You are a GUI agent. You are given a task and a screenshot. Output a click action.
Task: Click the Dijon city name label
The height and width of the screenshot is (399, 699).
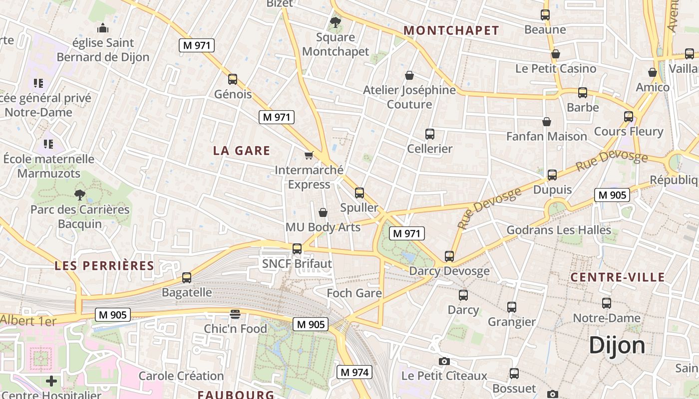tap(617, 345)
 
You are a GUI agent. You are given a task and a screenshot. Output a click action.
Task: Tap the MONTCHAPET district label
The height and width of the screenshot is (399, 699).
tap(451, 30)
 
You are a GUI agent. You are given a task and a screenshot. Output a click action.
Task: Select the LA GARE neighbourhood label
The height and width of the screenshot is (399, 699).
tap(242, 151)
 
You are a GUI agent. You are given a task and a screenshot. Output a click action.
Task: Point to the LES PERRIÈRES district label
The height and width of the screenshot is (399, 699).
tap(104, 265)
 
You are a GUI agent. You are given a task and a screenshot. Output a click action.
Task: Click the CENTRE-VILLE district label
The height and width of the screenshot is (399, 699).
tap(618, 277)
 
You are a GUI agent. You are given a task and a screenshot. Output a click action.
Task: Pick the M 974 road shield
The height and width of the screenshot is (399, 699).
tap(354, 372)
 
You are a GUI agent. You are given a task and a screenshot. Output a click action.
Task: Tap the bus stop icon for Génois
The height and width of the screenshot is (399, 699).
tap(233, 79)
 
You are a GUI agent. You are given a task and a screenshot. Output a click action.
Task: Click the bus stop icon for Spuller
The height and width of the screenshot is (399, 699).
tap(359, 193)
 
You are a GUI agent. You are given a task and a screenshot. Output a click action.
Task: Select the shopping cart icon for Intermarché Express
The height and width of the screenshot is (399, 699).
tap(309, 155)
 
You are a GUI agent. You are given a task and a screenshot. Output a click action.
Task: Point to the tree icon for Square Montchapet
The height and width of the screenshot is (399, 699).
tap(336, 22)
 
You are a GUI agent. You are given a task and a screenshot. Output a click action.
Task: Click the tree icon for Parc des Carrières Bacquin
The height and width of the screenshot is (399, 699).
tap(79, 195)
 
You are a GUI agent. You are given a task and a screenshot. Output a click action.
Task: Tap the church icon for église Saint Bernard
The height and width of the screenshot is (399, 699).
tap(103, 28)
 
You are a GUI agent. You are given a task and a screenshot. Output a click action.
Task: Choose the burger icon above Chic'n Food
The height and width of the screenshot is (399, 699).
tap(235, 314)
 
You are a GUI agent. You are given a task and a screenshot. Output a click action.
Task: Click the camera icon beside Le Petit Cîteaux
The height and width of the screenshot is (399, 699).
tap(444, 361)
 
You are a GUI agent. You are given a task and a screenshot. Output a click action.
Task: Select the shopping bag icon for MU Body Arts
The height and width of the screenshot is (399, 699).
tap(323, 212)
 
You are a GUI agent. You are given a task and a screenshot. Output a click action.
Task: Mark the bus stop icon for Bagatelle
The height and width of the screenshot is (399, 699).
tap(187, 278)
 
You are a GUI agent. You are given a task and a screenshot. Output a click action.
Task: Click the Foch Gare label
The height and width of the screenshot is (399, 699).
tap(354, 293)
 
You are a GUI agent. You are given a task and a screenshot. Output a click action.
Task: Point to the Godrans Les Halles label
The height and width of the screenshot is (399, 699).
tap(559, 230)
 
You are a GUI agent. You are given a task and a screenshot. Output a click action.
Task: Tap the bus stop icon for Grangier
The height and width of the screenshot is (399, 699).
tap(512, 307)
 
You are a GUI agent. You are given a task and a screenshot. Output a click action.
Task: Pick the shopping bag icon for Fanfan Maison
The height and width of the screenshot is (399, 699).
tap(547, 122)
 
